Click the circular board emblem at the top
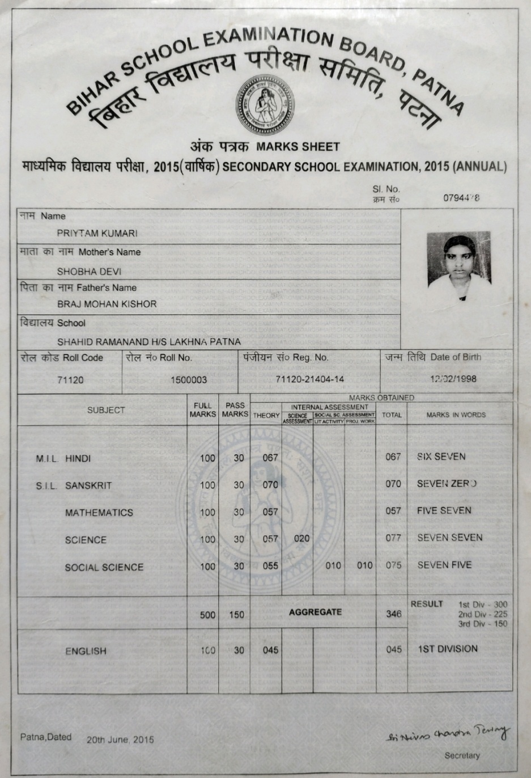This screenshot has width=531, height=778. (265, 104)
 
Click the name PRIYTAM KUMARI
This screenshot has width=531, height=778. (97, 233)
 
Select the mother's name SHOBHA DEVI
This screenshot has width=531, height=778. (89, 271)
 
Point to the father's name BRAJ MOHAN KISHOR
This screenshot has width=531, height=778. (107, 304)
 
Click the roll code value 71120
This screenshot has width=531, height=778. (70, 379)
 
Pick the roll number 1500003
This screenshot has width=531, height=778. (189, 379)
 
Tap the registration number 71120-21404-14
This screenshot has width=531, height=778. (309, 379)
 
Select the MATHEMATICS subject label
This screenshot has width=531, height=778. (99, 513)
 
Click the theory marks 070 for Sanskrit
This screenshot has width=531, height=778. (270, 485)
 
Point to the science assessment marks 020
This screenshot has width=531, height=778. (301, 538)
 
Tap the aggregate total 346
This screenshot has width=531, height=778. (393, 614)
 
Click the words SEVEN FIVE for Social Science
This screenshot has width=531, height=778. (444, 565)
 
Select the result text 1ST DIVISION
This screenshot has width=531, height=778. (448, 649)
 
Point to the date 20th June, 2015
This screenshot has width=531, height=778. (120, 739)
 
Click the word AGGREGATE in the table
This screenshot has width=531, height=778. (315, 612)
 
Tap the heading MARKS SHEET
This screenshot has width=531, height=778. (298, 146)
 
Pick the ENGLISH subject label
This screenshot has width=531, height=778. (86, 651)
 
